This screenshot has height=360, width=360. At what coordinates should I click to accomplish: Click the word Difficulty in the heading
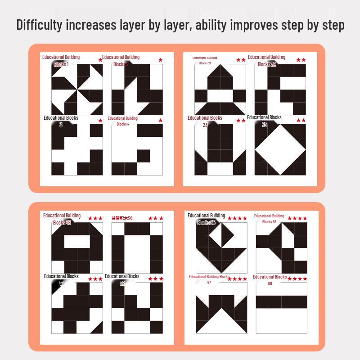coord(40,25)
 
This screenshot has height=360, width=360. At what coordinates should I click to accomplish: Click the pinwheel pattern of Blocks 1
coord(77,90)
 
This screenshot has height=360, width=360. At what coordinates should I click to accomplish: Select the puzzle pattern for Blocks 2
coord(137,90)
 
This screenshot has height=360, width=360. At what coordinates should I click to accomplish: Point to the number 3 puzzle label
coord(61,125)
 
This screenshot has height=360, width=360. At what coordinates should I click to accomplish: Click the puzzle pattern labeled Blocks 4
coord(137,149)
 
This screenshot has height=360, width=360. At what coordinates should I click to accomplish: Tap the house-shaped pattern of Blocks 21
coord(220,90)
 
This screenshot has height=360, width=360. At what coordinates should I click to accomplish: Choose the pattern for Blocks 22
coord(280,90)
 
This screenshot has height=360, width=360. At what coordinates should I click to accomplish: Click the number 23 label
coord(205,125)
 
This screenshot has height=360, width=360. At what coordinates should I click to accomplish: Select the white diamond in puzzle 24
coord(280,149)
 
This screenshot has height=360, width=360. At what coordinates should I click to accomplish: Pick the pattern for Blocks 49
coord(77,248)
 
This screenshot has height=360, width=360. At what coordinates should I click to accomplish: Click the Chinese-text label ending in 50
coord(122,218)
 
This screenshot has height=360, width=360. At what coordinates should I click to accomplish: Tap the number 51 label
coord(62,283)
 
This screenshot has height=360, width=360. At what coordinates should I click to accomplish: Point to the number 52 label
coord(122,283)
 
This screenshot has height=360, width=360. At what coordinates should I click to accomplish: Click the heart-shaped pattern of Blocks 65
coord(221,248)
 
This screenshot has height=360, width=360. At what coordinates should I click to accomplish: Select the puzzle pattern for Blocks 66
coord(281,248)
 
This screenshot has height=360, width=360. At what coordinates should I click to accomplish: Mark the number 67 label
coord(209,283)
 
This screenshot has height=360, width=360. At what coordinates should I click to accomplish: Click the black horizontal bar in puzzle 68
coord(281,302)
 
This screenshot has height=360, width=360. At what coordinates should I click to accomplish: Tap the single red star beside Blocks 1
coord(100,60)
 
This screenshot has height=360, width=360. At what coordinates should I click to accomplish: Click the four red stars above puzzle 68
coord(298,279)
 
